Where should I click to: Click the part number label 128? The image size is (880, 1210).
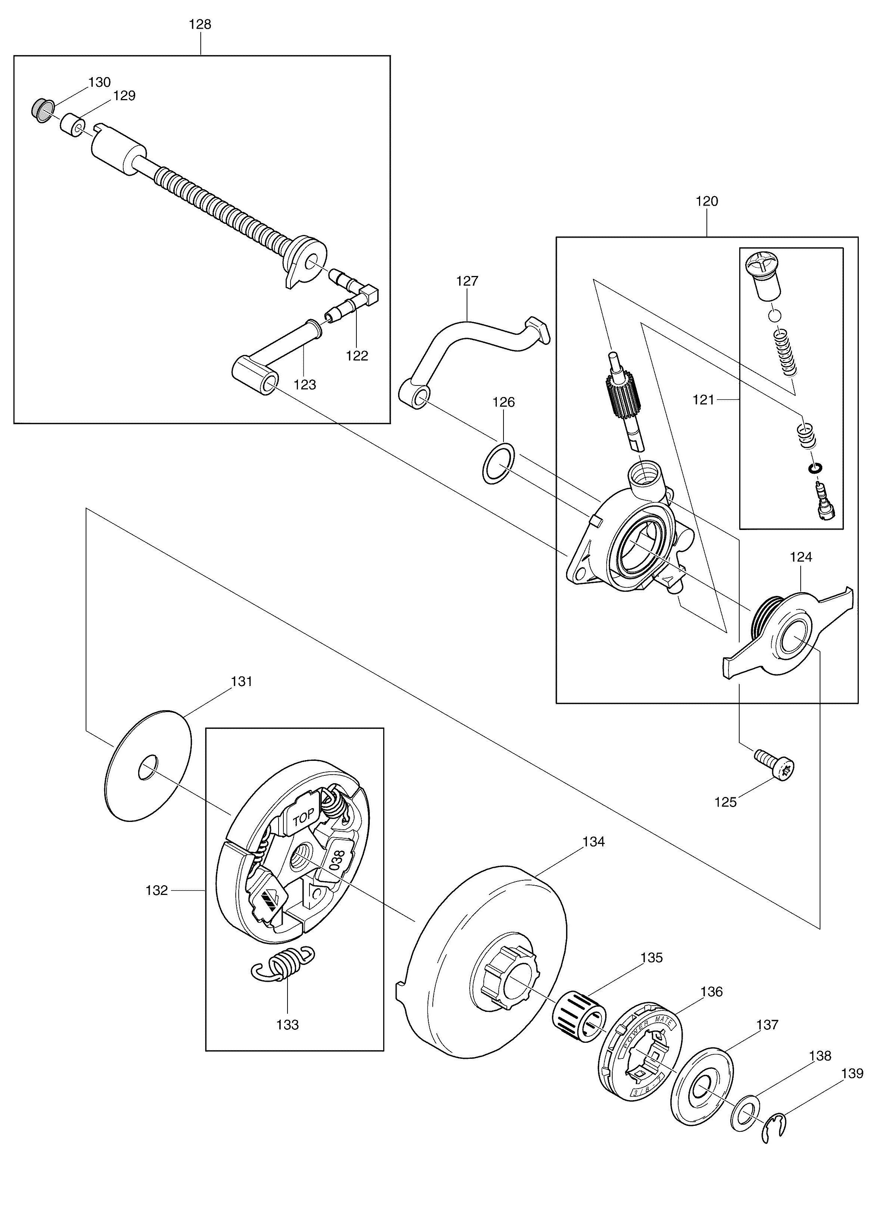pos(200,25)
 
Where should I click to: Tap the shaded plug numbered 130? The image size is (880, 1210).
pos(41,110)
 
